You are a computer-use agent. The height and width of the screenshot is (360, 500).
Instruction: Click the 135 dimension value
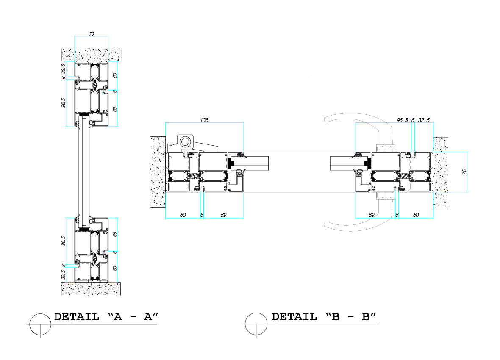(204, 120)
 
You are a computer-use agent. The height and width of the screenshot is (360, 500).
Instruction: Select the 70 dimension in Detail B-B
(464, 172)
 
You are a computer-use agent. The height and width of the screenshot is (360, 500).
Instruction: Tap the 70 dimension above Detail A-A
(91, 33)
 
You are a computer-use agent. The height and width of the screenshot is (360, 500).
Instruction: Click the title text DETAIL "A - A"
(106, 317)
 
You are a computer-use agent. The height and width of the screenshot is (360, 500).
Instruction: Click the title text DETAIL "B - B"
(324, 317)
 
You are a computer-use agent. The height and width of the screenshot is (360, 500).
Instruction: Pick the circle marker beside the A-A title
(40, 324)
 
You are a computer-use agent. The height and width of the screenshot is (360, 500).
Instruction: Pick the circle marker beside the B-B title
(256, 324)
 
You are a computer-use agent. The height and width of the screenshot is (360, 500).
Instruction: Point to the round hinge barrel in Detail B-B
(185, 141)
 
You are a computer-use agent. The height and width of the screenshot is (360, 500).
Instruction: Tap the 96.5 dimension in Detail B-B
(402, 120)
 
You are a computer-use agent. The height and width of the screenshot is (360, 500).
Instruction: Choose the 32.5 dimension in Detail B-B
(423, 120)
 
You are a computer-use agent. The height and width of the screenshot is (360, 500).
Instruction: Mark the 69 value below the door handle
(372, 215)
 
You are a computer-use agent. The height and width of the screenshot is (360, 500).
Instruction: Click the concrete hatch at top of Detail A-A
(92, 55)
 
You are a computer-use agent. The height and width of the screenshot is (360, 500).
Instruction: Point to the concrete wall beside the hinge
(158, 172)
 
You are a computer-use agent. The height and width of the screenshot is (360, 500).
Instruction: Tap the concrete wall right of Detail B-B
(441, 172)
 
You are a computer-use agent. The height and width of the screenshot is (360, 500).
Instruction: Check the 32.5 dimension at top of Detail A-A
(64, 68)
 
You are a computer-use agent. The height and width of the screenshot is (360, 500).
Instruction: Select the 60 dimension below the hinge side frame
(183, 215)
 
